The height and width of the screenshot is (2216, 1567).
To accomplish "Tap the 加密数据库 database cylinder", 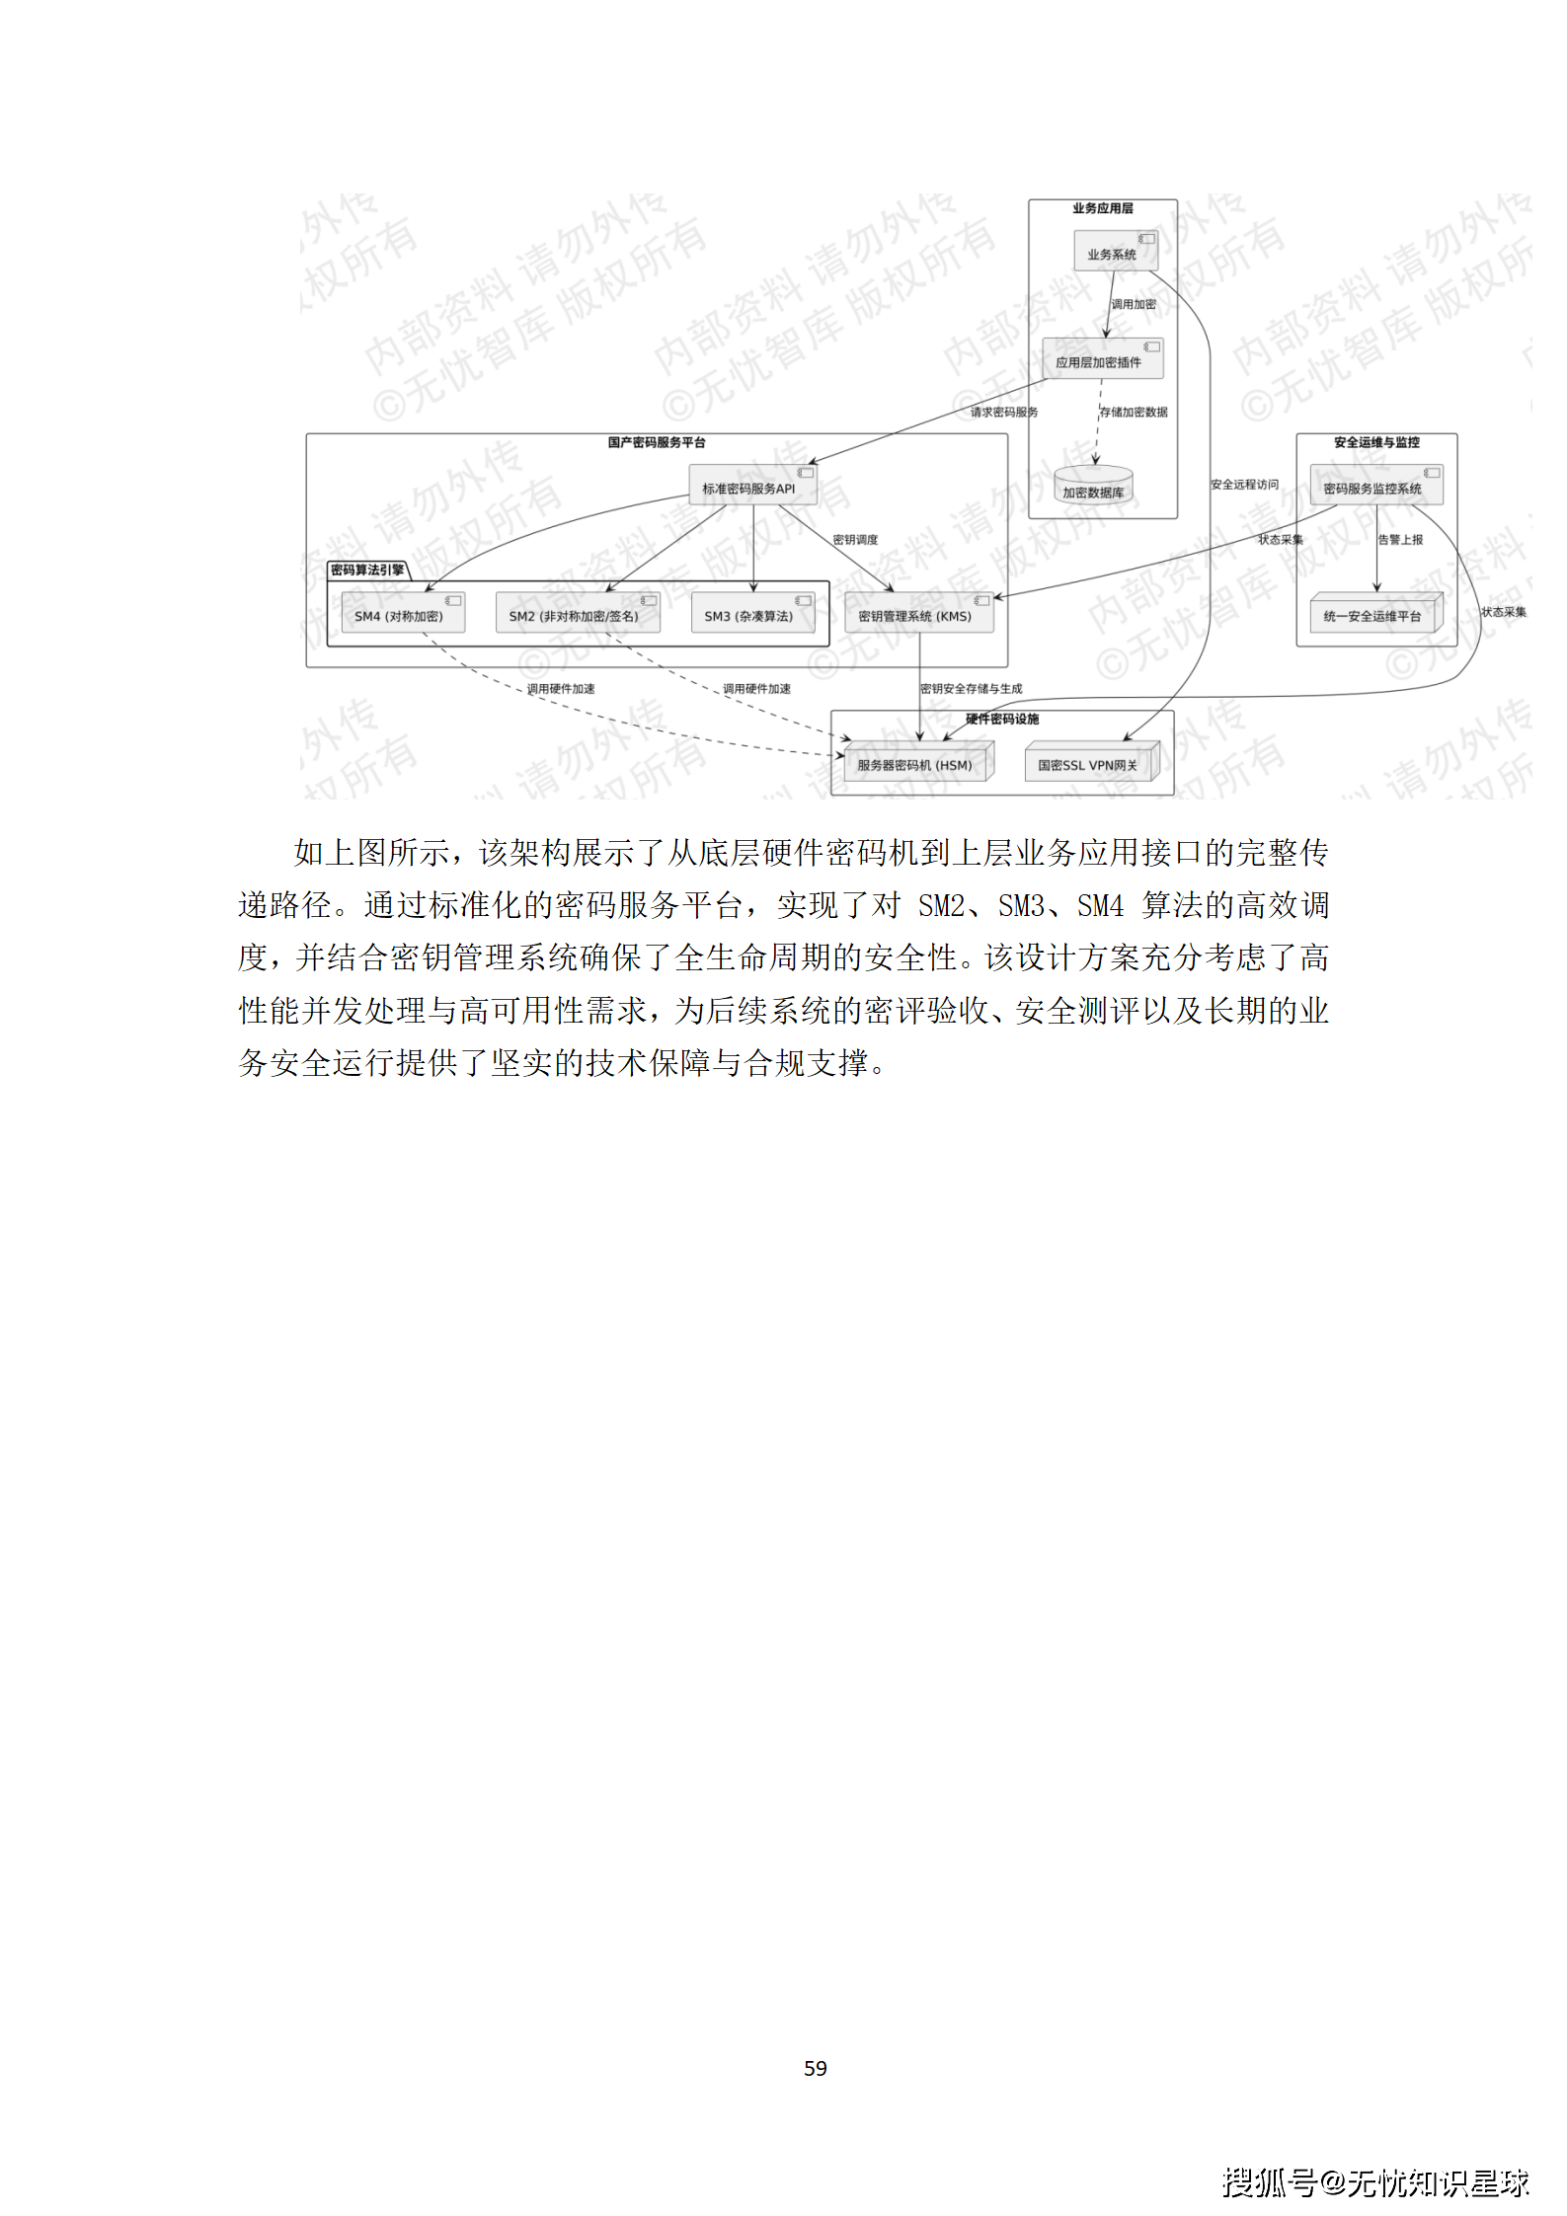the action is click(x=1093, y=487).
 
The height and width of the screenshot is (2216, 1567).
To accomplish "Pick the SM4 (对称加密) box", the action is click(x=401, y=614).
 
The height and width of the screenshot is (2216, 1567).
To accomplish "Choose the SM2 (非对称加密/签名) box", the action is click(x=577, y=614).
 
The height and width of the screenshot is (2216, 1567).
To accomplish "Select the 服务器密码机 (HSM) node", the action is click(x=916, y=763).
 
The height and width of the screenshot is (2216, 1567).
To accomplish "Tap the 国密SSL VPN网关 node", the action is click(x=1089, y=763).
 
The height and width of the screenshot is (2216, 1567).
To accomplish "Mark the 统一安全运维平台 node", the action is click(x=1374, y=614).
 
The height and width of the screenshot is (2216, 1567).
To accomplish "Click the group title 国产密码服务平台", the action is click(x=657, y=442).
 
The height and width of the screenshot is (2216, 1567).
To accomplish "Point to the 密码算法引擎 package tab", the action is click(x=367, y=570).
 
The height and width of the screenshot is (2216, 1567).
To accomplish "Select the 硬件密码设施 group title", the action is click(x=1002, y=719).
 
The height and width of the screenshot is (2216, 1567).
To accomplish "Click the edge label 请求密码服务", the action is click(x=1004, y=412).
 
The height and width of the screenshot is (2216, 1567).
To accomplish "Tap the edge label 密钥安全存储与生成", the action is click(x=971, y=688).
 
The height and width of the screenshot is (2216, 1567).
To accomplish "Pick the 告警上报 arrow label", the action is click(x=1400, y=539).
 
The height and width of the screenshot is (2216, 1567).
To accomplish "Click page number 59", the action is click(x=815, y=2068).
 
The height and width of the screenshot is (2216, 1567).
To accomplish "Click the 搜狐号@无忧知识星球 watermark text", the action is click(x=1374, y=2181).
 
